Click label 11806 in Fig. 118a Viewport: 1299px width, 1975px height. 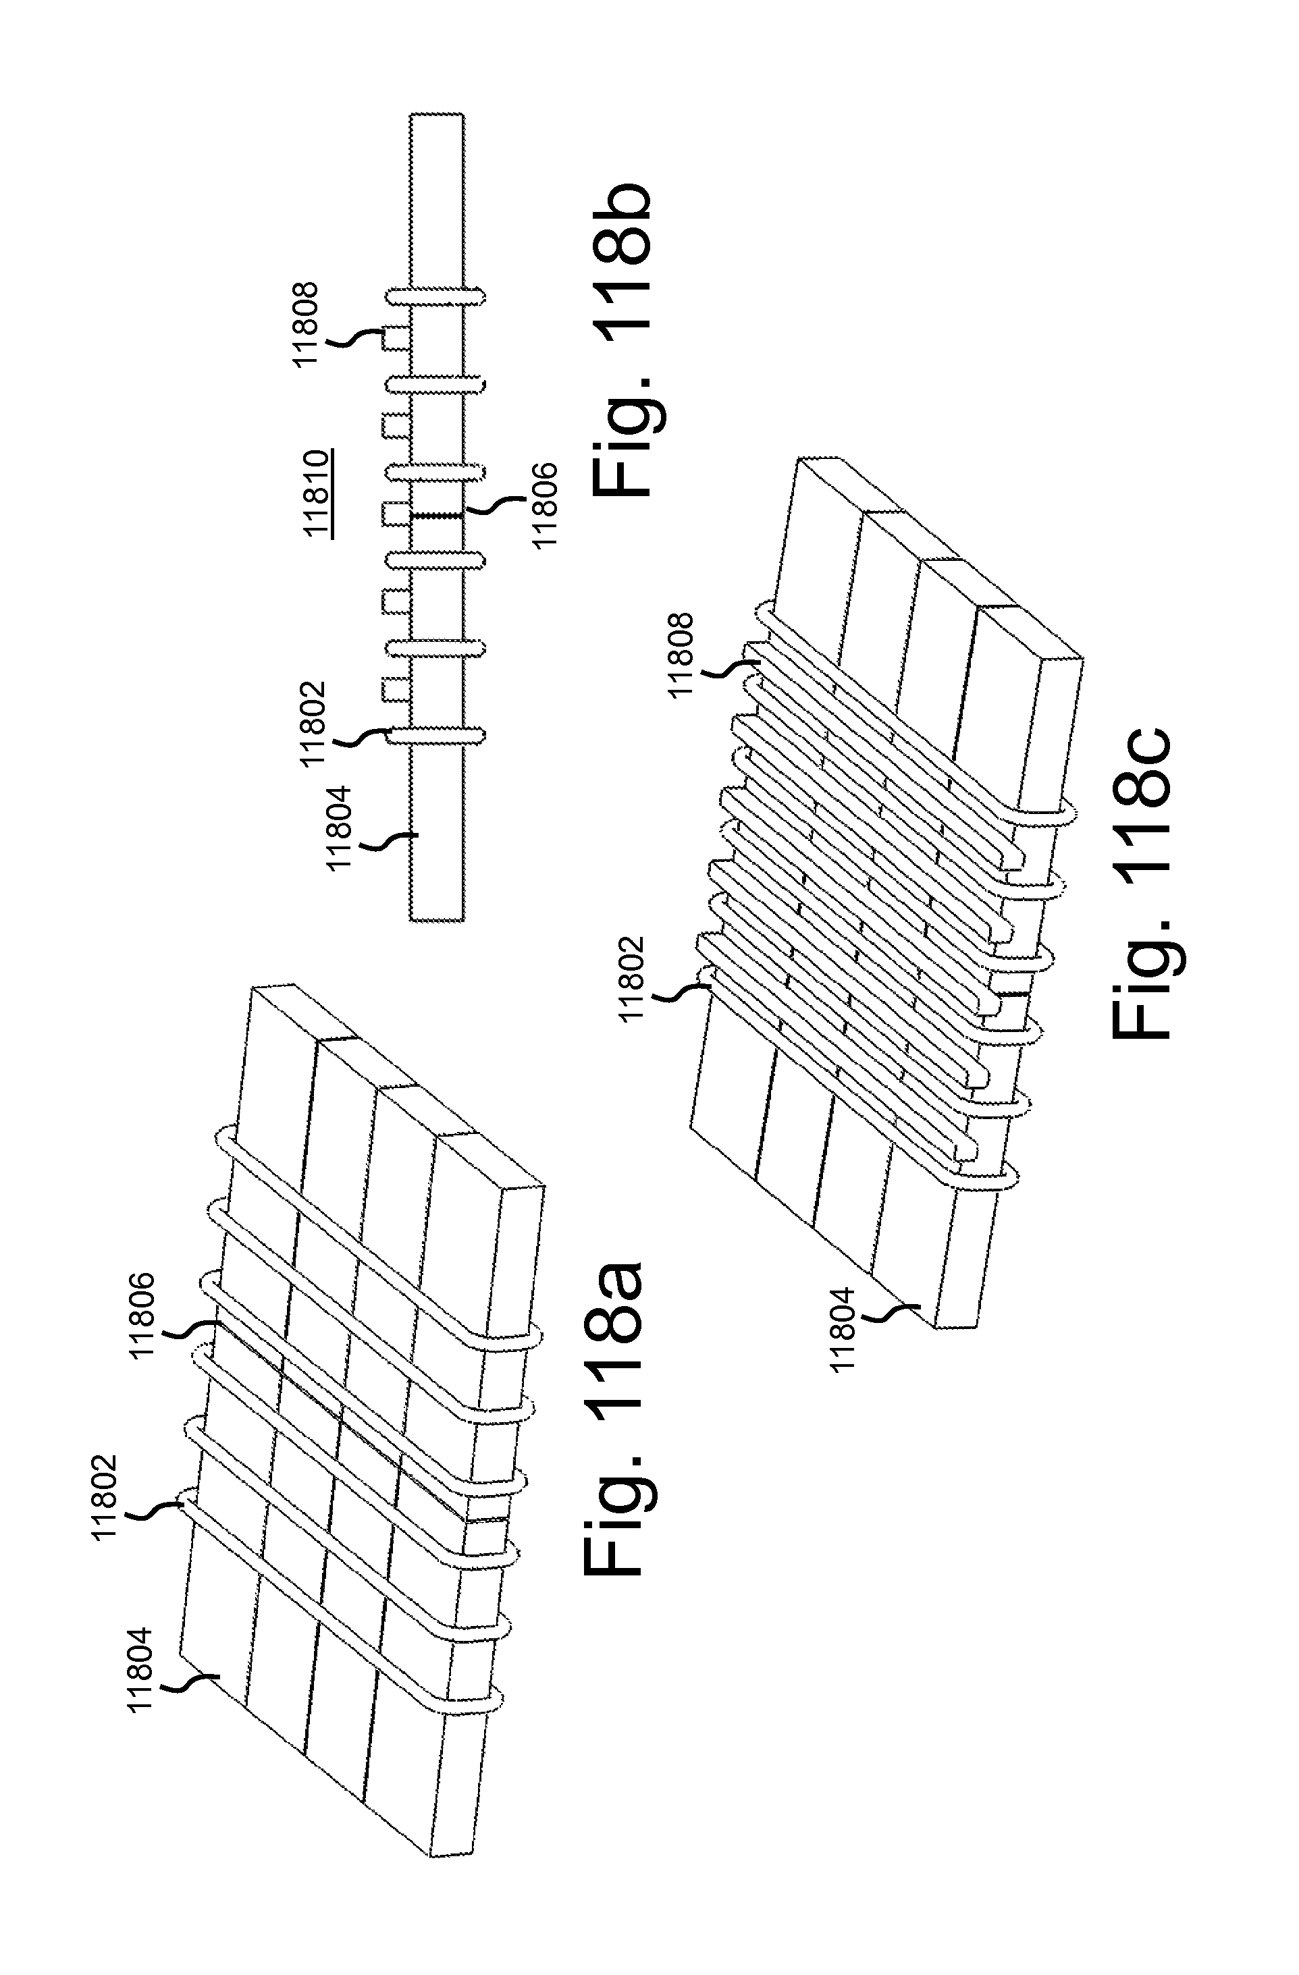point(142,1314)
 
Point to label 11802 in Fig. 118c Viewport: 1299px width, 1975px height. point(633,977)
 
